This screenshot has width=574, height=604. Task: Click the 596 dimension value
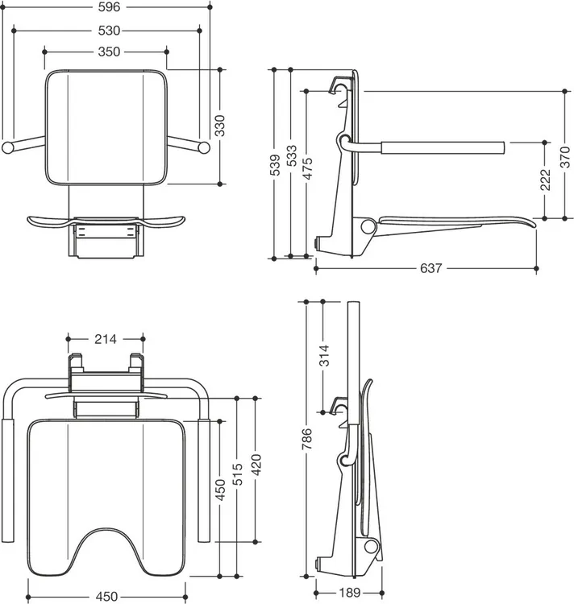109,7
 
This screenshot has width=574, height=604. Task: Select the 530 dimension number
109,31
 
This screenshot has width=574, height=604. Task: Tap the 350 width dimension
109,52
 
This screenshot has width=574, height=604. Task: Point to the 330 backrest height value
220,126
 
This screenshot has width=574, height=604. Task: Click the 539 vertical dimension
274,165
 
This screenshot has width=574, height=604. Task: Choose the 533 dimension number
291,155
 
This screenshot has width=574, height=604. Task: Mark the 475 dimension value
307,169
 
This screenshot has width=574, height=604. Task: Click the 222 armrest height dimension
545,180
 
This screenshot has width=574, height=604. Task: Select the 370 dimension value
565,157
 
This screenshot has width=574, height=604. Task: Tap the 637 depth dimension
430,268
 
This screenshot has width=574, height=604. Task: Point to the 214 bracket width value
106,339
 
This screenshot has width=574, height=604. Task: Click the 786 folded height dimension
307,439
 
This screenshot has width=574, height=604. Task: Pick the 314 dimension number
324,355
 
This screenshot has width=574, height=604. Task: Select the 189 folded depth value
349,593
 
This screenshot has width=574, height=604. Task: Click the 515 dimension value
237,474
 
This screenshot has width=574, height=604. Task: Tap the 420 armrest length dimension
256,465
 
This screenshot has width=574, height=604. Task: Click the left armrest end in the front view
7,147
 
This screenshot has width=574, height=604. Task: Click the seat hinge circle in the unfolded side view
368,226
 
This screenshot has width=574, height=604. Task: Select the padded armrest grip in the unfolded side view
443,148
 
